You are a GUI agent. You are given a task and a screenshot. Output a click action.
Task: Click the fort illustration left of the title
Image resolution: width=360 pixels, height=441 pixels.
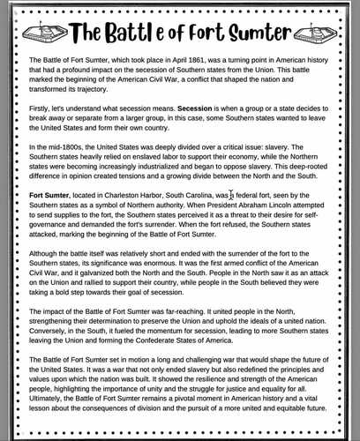[x=41, y=34]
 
